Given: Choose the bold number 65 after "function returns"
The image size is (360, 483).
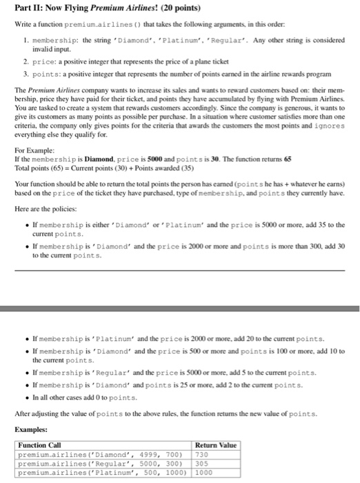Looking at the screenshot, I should click(x=288, y=158).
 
